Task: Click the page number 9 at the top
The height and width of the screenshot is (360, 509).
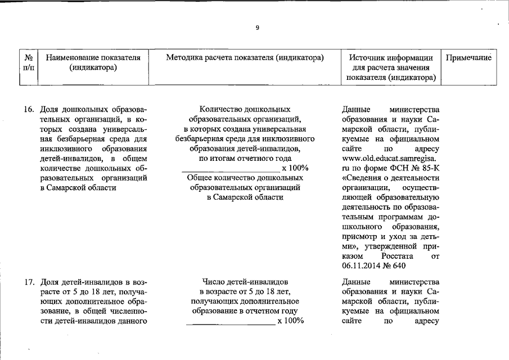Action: coord(257,28)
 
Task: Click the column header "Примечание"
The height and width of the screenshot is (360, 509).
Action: coord(469,57)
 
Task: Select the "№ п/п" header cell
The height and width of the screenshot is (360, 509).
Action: coord(28,62)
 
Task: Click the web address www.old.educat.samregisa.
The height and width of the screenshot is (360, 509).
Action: coord(390,159)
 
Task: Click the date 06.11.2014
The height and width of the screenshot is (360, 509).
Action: coord(362,266)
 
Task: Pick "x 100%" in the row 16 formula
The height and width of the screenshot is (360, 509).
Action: coord(295,168)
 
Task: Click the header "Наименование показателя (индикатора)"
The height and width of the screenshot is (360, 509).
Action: coord(93,62)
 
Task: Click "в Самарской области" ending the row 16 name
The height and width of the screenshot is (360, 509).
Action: coord(78,188)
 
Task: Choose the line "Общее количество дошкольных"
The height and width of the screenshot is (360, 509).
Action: coord(245,178)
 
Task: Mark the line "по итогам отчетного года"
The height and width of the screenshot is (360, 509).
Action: coord(245,158)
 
